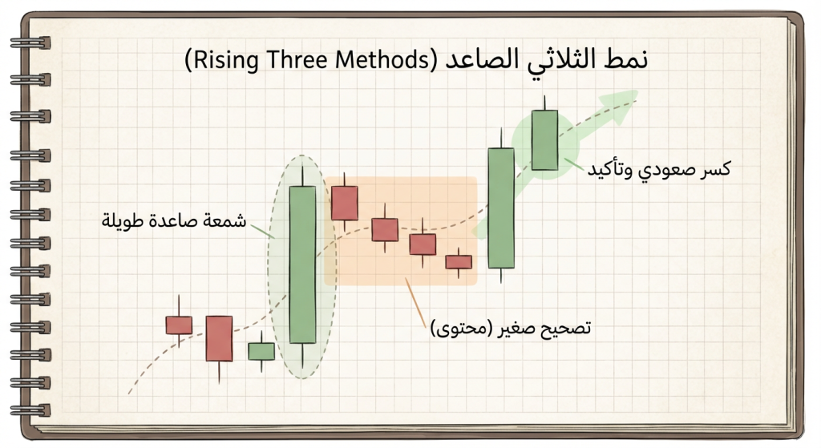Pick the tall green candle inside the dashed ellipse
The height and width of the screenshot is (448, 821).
302,264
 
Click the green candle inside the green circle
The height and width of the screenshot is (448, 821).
544,139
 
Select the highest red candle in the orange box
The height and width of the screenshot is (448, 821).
344,202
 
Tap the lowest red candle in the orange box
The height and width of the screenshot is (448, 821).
459,261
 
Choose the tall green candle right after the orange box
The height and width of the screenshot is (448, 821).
500,207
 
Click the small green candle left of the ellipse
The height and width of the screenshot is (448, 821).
261,350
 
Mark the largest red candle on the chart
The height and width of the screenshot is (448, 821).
218,337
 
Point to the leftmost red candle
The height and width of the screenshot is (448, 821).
179,325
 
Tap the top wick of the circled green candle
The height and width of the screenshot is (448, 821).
544,103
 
